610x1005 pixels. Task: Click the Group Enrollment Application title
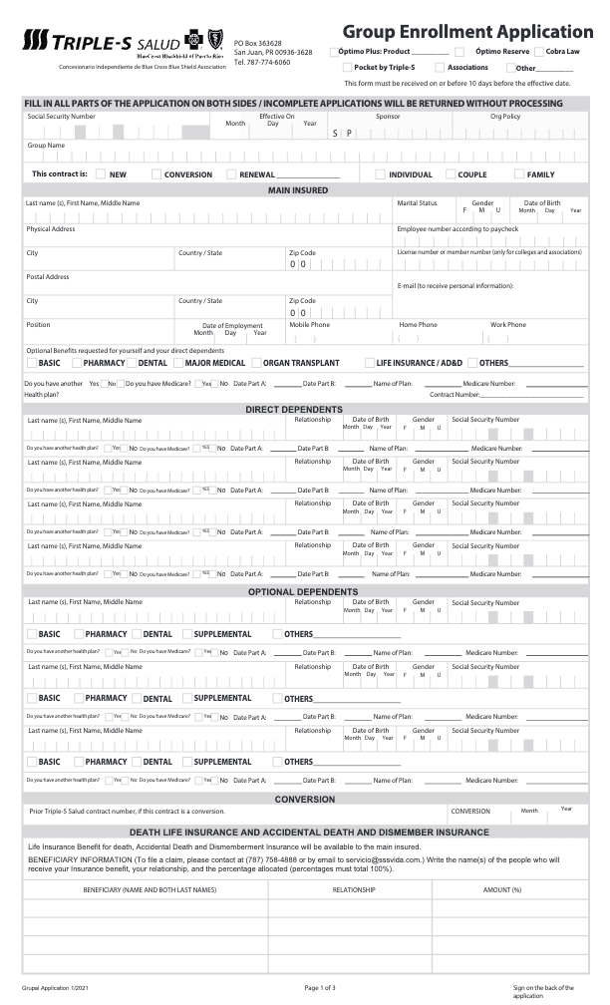(466, 32)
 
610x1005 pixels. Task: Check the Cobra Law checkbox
(539, 51)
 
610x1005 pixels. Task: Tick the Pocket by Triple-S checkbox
(347, 67)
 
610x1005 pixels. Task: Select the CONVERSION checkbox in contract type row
(156, 174)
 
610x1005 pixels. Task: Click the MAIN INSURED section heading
(298, 189)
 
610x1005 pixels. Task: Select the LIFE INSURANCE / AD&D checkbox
(369, 363)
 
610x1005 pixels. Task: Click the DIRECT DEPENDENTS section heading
(294, 409)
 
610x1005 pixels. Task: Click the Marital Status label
(417, 203)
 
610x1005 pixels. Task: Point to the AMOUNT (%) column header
(502, 888)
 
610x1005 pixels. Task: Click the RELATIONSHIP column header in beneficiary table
(353, 888)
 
